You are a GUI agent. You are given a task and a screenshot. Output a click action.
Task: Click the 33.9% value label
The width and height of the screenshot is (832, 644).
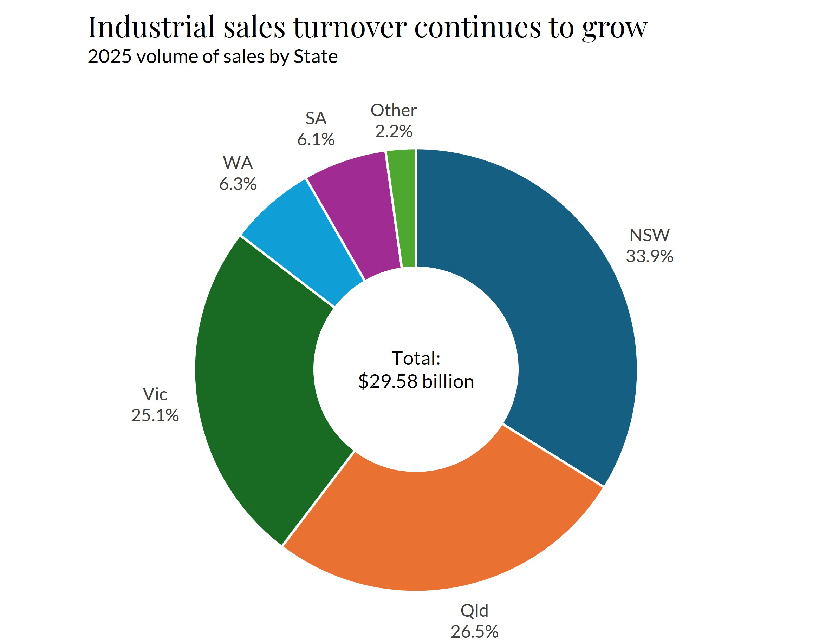[649, 256]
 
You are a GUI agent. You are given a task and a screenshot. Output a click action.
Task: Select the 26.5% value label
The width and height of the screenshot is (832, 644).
[474, 631]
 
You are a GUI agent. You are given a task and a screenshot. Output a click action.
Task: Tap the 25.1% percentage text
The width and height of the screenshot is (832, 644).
[155, 415]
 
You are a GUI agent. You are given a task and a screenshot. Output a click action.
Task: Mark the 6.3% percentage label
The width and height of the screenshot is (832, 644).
[238, 184]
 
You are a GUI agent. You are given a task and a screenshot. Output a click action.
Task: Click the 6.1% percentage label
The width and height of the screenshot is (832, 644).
[316, 140]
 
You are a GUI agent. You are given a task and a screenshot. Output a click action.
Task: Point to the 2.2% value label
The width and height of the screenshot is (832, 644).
[394, 131]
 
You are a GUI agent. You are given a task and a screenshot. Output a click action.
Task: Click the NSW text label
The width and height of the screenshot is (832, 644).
[649, 235]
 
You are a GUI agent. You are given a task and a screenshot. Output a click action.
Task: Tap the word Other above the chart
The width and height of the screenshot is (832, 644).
[394, 111]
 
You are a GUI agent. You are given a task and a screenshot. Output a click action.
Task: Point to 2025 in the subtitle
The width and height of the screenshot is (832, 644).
[110, 57]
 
